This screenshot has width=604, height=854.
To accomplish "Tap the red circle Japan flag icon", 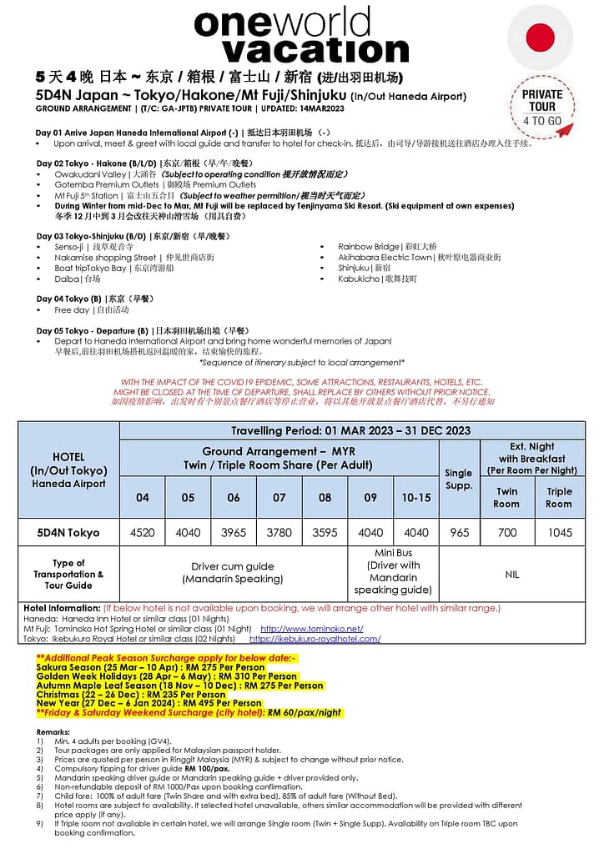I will [x=540, y=38].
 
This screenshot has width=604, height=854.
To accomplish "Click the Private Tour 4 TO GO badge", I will [x=542, y=107].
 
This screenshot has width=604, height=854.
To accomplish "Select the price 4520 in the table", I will [x=143, y=532].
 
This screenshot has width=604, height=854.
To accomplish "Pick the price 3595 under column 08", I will [x=325, y=532].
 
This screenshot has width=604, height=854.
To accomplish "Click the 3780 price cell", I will [x=279, y=532].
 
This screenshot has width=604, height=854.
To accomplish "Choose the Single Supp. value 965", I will [x=459, y=532].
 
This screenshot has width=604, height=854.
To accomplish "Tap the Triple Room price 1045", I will [x=559, y=532].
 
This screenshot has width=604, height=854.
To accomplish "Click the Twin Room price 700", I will [x=506, y=532].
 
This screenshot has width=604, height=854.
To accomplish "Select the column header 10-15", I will [x=415, y=497].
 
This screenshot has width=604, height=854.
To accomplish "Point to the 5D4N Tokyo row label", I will [x=68, y=532].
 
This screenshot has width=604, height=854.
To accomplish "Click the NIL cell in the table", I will [x=511, y=575].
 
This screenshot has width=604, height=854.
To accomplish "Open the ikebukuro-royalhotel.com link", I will [x=315, y=639].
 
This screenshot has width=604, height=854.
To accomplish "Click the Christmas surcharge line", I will [x=131, y=694].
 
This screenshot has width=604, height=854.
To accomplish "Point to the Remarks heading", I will [x=53, y=731].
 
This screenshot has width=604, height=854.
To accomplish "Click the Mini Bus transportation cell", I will [x=393, y=571].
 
